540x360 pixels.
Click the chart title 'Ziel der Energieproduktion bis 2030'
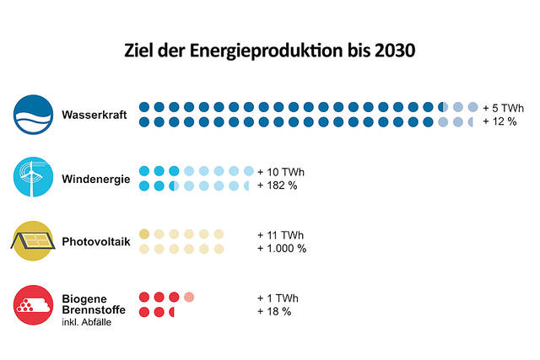point(270,51)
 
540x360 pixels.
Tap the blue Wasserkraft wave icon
point(33,115)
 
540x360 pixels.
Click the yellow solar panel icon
point(33,242)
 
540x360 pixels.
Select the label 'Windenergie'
point(95,179)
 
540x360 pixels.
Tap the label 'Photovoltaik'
point(96,242)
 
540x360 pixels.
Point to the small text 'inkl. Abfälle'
point(87,321)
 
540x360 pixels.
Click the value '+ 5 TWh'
point(504,108)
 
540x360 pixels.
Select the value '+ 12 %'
point(499,122)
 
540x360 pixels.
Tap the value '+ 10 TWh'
point(280,172)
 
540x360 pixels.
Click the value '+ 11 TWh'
point(280,234)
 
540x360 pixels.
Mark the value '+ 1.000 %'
point(282,249)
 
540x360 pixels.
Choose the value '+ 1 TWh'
point(278,298)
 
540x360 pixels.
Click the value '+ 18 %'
point(274,312)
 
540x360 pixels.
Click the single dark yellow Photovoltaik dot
point(144,234)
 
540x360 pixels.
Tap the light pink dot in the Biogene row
point(189,297)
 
